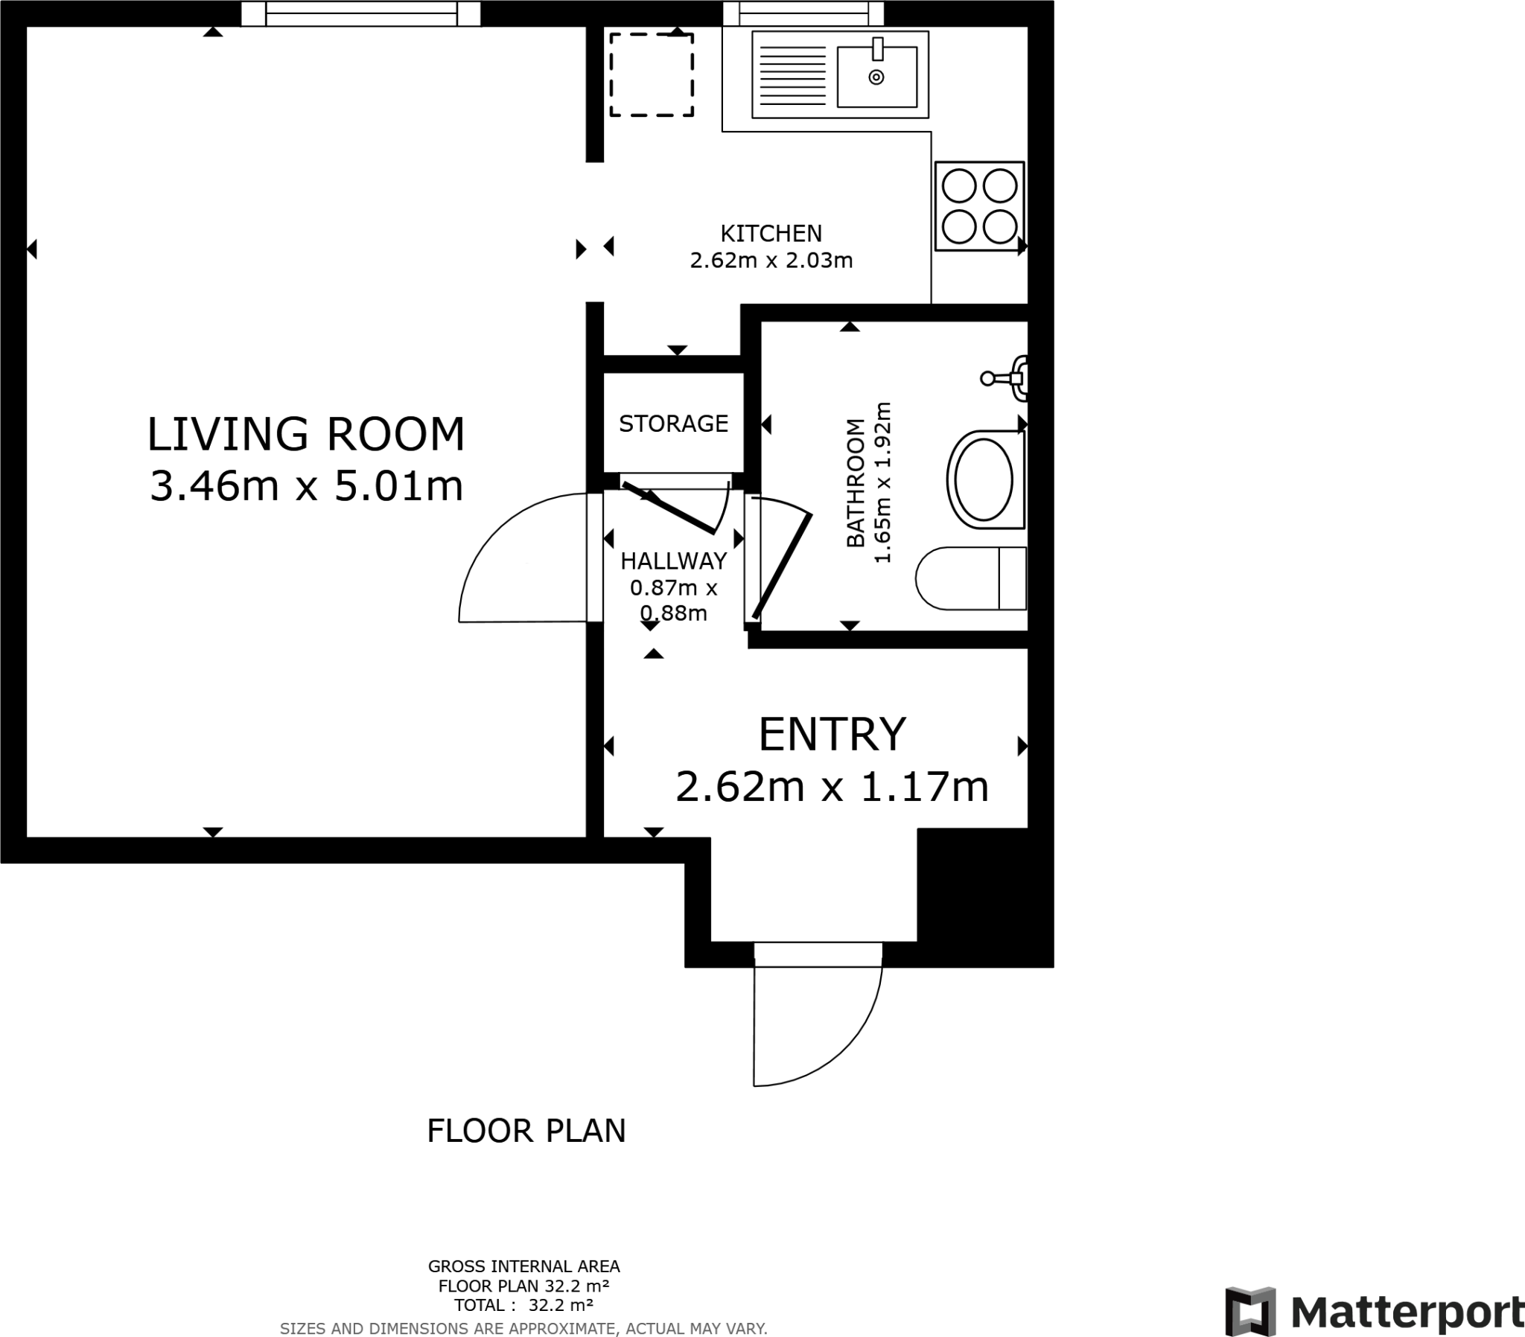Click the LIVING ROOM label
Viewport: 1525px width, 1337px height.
point(306,434)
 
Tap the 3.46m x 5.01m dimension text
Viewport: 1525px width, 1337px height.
point(306,486)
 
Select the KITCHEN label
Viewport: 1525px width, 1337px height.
point(771,234)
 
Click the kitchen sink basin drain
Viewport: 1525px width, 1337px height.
point(876,77)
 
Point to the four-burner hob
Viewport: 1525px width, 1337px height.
point(979,206)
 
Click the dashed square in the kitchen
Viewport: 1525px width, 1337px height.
point(652,74)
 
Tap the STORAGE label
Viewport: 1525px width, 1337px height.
point(673,424)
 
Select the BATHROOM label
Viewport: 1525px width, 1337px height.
point(856,482)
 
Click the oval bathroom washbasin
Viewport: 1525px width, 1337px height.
point(984,479)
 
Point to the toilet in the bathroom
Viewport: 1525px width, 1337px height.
point(970,578)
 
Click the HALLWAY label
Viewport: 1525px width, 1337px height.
point(673,561)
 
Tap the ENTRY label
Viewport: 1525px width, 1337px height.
point(832,734)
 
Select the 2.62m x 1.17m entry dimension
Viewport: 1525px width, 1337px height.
point(832,786)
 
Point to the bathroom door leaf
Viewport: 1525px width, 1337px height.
point(783,567)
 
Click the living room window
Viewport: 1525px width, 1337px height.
point(361,13)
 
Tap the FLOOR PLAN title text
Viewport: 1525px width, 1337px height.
point(526,1130)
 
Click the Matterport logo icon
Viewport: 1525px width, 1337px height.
point(1250,1311)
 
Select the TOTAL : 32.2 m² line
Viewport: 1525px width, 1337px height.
point(523,1305)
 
